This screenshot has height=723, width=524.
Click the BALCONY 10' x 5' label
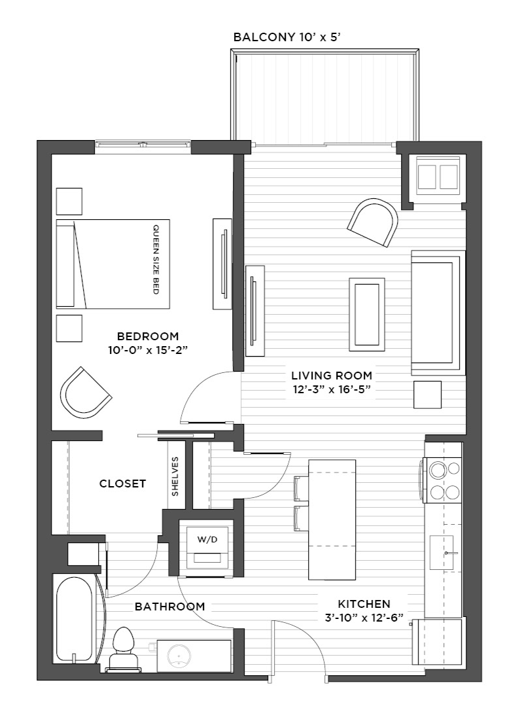(287, 37)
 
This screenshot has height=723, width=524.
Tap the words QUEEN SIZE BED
(156, 260)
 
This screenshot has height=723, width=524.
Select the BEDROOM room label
(148, 336)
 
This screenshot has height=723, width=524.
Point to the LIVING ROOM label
(332, 376)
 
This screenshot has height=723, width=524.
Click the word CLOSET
(122, 484)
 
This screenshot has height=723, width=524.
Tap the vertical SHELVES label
(175, 476)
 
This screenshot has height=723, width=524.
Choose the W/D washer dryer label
(207, 540)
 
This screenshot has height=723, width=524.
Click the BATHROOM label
(169, 607)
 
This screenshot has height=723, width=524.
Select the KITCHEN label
(364, 603)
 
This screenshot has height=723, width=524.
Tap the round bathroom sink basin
(179, 655)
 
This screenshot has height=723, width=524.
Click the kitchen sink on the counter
(442, 553)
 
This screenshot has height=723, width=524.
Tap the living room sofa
(438, 313)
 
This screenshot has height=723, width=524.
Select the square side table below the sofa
(427, 395)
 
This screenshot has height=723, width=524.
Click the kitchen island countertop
(332, 519)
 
